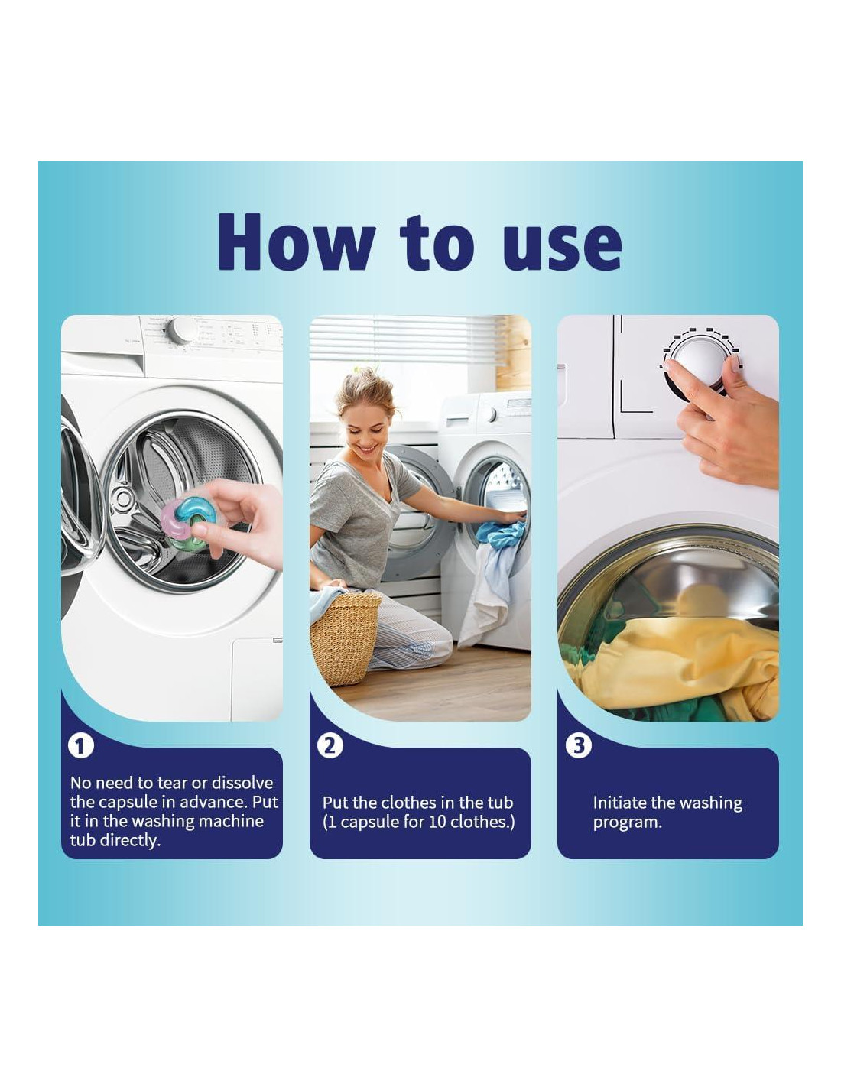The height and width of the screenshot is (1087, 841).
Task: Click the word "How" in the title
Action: [x=297, y=242]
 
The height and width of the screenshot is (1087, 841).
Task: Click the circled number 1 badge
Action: [x=80, y=747]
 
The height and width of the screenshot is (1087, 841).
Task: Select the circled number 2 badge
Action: [x=330, y=746]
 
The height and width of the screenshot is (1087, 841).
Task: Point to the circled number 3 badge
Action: [x=578, y=746]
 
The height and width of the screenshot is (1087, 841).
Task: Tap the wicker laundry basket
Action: [x=345, y=638]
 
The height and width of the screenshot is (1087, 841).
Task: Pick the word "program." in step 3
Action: [x=628, y=823]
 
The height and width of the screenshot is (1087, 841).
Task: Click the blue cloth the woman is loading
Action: [x=499, y=532]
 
